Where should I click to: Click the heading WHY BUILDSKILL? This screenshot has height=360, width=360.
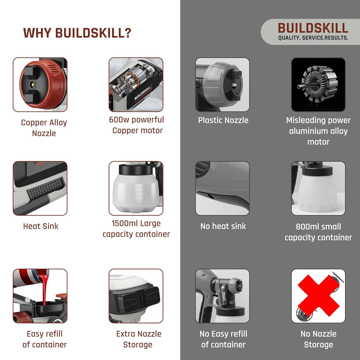(x=77, y=33)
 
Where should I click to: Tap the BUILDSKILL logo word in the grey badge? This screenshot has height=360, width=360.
(x=313, y=28)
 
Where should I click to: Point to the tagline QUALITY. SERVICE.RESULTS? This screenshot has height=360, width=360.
(x=313, y=38)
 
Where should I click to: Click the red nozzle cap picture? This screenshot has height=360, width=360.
(x=40, y=84)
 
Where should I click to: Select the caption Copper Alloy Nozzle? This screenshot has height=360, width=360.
(x=44, y=128)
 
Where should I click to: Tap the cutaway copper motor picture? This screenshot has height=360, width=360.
(x=136, y=84)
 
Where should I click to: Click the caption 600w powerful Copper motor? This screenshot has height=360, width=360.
(x=137, y=125)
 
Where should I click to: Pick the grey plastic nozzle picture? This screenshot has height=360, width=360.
(x=222, y=84)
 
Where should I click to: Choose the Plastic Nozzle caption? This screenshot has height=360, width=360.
(x=223, y=120)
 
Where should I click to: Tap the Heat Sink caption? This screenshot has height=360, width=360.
(x=41, y=226)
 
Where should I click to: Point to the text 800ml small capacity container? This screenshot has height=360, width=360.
(x=318, y=232)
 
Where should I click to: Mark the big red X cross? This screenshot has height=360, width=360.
(x=319, y=295)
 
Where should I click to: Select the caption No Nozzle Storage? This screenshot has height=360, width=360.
(x=319, y=339)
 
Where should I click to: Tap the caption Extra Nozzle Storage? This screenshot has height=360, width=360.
(x=139, y=339)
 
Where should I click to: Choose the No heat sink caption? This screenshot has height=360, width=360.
(x=223, y=226)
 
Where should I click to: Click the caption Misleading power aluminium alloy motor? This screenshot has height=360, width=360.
(x=318, y=131)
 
